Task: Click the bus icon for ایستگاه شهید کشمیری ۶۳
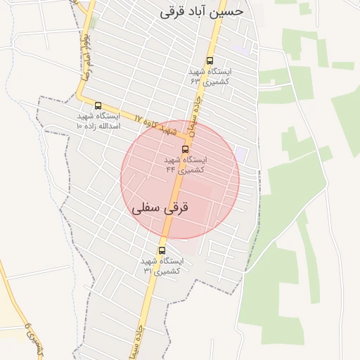coord(210,60)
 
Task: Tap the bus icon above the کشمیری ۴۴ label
coord(186,149)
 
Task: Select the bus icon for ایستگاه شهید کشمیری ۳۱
coord(162,250)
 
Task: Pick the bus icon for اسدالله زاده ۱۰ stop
coord(98,105)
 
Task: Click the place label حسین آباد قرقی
coord(201,12)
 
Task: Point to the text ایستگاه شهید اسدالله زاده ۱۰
coord(98,120)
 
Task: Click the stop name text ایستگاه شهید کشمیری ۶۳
coord(210,76)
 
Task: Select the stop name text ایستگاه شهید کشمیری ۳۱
coord(162,265)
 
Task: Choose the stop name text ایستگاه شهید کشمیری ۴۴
coord(186,164)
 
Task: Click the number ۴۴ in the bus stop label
coord(171,169)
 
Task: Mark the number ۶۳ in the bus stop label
coord(195,81)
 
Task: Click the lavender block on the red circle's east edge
coord(241,153)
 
